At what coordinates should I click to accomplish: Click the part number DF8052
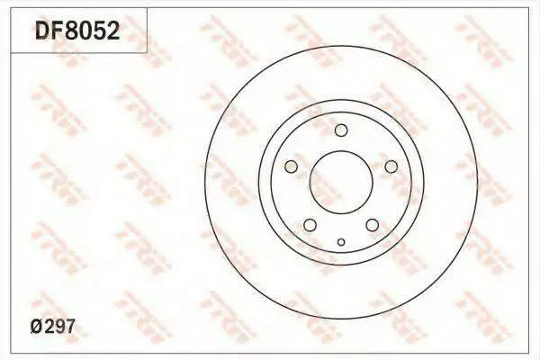[77, 30]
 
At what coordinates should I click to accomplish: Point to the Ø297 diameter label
[52, 326]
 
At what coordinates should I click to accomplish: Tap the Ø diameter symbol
[37, 326]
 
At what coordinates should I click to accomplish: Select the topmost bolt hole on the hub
[341, 130]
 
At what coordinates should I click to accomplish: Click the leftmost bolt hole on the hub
[291, 166]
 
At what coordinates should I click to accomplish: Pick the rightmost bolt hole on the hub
[391, 166]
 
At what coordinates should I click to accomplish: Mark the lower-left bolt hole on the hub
[310, 225]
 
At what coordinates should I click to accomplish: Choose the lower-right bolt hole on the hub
[373, 225]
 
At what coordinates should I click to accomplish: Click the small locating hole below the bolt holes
[341, 242]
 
